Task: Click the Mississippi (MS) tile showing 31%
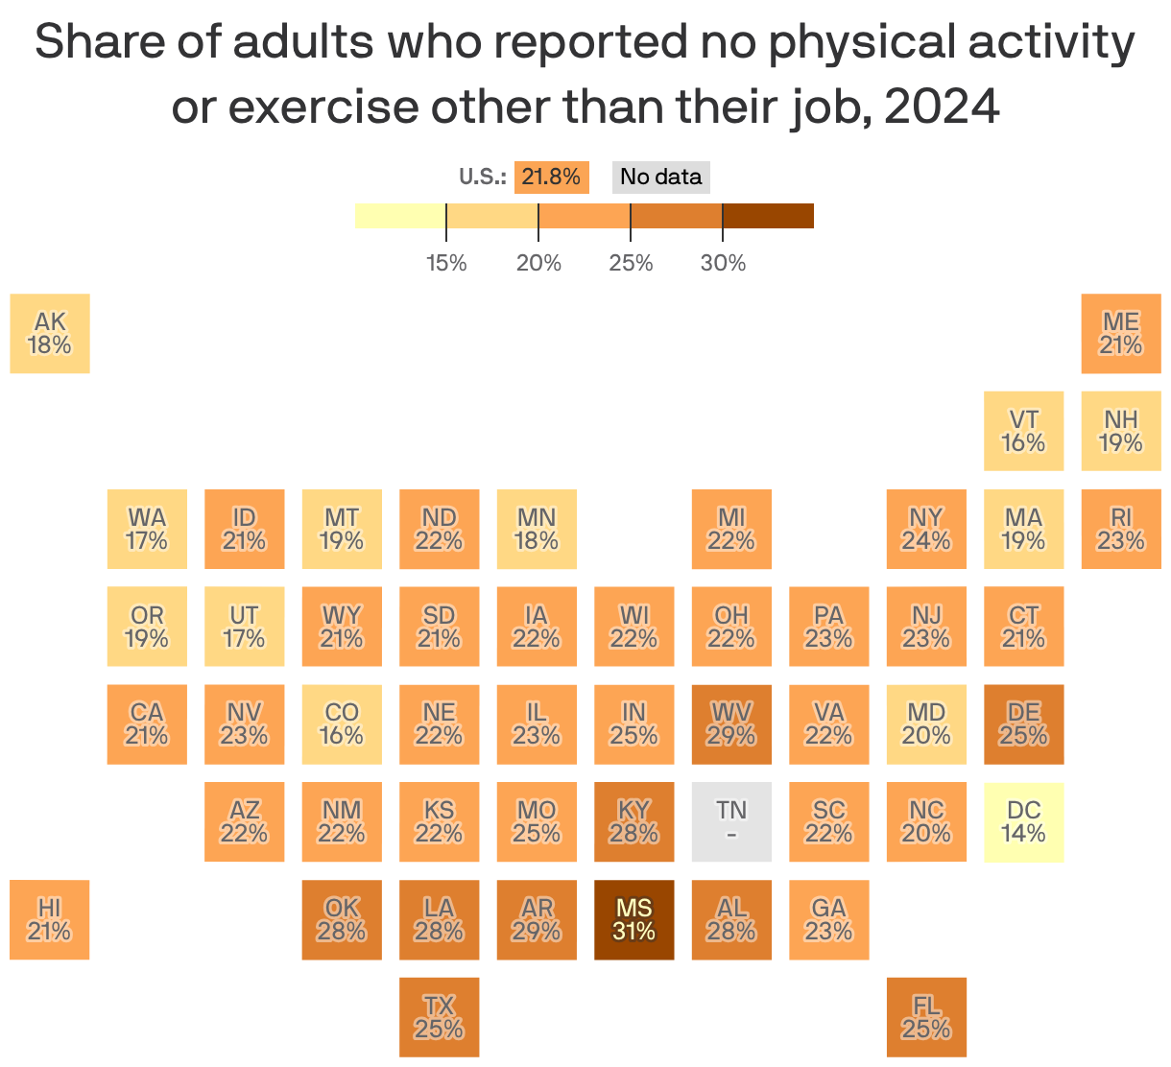coord(633,919)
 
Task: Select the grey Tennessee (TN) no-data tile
coord(731,821)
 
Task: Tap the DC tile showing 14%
coord(1023,821)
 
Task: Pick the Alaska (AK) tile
coord(50,333)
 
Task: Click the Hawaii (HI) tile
coord(50,919)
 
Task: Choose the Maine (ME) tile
coord(1120,333)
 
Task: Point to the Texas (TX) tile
coord(439,1017)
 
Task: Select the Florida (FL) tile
coord(926,1017)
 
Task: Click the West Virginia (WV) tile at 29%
coord(731,724)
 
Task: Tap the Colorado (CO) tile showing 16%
coord(342,724)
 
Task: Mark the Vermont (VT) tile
coord(1023,431)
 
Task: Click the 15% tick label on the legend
coord(446,263)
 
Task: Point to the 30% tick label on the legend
coord(723,263)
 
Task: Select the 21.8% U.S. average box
coord(551,177)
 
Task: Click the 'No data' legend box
coord(660,177)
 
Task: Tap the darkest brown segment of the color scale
coord(768,216)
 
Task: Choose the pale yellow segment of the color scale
coord(400,216)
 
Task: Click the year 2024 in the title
coord(942,107)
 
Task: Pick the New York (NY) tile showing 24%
coord(926,529)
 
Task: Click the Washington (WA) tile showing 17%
coord(147,529)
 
